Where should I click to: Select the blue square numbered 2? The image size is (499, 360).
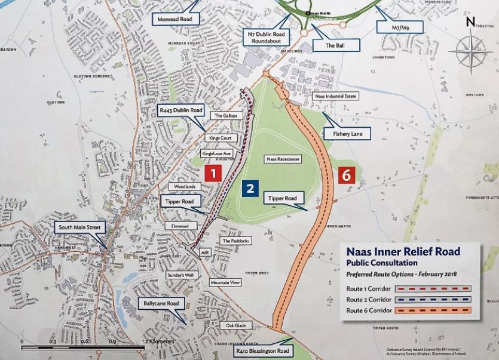[x=250, y=188]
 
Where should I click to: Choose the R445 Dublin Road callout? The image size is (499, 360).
[x=180, y=110]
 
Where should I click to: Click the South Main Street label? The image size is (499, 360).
[x=79, y=227]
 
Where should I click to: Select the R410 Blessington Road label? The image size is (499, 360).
[x=263, y=351]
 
